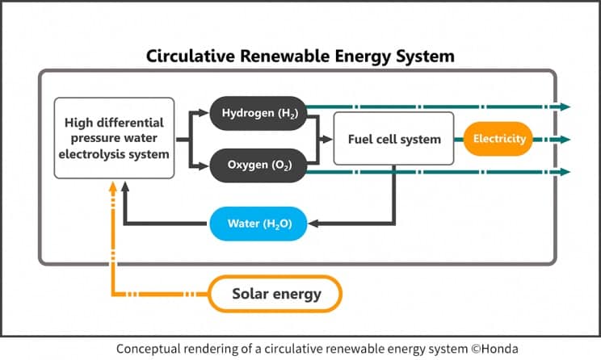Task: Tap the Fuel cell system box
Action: [x=394, y=139]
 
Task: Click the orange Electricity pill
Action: [x=499, y=139]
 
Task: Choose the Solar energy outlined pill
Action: [x=275, y=294]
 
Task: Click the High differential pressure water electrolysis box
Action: [x=114, y=138]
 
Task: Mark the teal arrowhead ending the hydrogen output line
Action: [x=565, y=107]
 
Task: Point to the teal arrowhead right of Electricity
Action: [x=565, y=139]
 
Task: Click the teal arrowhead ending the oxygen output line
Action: [x=565, y=171]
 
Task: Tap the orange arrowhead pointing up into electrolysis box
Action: [x=114, y=186]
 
